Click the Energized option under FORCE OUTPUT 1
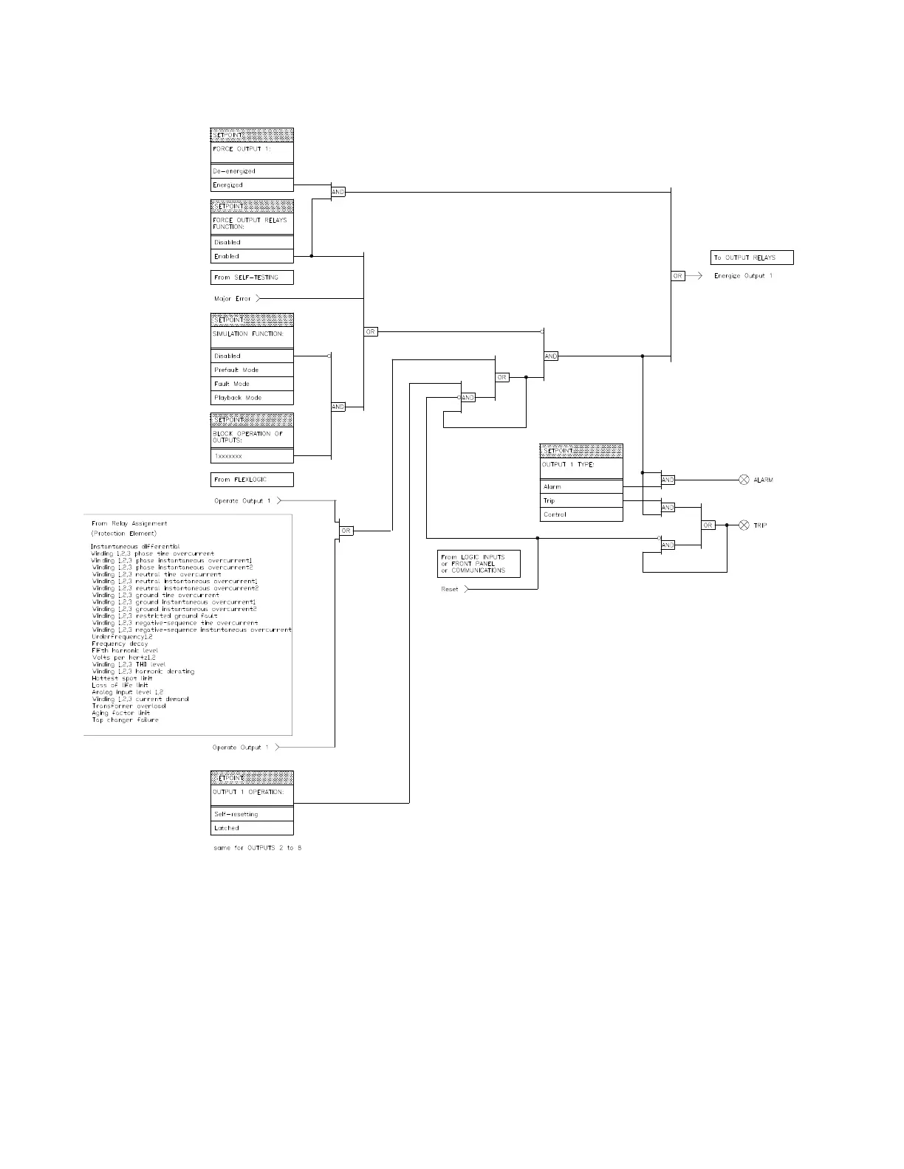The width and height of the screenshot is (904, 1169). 252,185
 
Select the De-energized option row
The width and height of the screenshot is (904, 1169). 252,171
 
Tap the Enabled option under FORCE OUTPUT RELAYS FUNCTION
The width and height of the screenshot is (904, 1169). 252,257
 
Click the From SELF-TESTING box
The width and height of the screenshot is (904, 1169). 252,277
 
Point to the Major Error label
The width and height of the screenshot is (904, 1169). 233,299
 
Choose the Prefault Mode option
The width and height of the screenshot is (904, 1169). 252,370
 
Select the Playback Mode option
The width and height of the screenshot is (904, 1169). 252,398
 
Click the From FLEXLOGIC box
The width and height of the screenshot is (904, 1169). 252,480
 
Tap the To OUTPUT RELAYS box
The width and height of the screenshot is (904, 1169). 752,258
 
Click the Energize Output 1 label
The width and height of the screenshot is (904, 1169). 743,276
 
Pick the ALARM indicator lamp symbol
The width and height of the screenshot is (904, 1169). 744,480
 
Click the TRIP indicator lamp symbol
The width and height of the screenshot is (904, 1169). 744,525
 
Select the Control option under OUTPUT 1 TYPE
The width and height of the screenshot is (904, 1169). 581,514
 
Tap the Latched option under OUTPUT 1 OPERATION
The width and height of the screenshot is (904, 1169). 252,828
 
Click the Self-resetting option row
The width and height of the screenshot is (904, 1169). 252,814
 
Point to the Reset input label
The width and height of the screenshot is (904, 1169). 450,590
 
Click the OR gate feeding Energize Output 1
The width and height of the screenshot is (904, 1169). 677,276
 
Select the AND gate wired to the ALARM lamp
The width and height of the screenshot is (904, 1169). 668,480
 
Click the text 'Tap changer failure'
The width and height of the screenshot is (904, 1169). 125,720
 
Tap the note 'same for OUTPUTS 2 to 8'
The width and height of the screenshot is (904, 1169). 258,848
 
